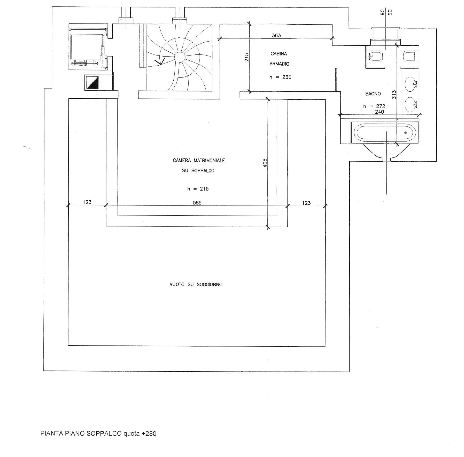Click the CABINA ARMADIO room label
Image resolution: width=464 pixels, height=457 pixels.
point(279,59)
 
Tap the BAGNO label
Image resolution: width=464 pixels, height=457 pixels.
point(373,94)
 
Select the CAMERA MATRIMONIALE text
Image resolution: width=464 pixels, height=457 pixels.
point(199,160)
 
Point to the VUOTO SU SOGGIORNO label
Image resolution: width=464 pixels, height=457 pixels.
point(196,285)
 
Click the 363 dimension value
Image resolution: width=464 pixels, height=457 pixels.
point(276,35)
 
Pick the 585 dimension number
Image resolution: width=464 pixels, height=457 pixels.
point(197,203)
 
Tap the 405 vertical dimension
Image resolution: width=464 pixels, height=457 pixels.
point(265,163)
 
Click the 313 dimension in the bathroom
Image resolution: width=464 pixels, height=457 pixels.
point(394,94)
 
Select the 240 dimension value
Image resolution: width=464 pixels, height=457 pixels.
point(379,112)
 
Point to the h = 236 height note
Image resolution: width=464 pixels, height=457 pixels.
point(280,77)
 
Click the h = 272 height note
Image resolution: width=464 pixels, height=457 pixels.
point(374,106)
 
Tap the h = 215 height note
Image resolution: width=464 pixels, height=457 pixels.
point(198,189)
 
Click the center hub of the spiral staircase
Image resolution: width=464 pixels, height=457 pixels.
point(179,57)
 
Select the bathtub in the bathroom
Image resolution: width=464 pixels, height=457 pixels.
point(385,133)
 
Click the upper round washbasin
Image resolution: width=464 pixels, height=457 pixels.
point(411,84)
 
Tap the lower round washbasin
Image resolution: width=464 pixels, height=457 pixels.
point(411,105)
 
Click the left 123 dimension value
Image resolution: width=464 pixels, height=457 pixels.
point(87,202)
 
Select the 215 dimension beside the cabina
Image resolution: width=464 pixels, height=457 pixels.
point(247,57)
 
